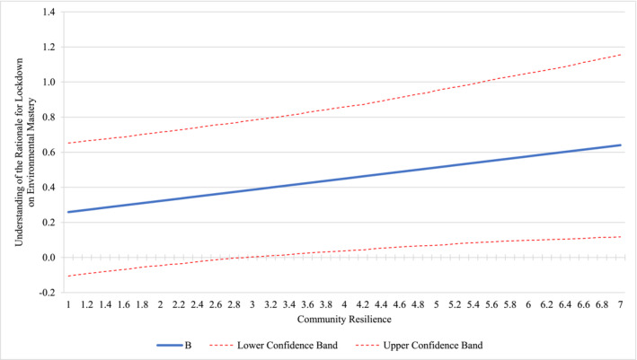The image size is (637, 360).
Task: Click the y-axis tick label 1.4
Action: [45, 13]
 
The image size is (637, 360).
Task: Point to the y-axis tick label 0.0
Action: [45, 258]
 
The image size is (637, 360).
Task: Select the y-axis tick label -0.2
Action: [43, 293]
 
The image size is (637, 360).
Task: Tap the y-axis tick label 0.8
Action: [45, 118]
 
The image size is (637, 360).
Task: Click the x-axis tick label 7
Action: [621, 305]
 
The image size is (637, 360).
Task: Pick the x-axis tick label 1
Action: [67, 305]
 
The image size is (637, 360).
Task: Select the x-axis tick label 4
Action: [344, 305]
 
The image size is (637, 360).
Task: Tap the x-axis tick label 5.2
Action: [455, 305]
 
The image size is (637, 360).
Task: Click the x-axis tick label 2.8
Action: [234, 305]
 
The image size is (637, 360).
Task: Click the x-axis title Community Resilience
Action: [344, 319]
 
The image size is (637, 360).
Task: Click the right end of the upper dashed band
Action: [621, 55]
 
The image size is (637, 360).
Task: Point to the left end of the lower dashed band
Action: [67, 276]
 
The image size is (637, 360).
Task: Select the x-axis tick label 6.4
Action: [565, 305]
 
